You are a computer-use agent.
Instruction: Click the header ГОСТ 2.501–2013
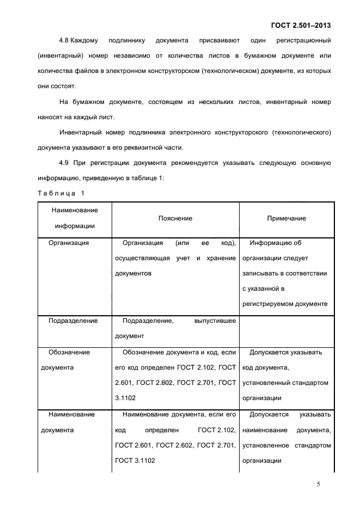coord(301,25)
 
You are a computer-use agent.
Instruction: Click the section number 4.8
coord(64,41)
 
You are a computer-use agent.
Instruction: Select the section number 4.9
coord(64,163)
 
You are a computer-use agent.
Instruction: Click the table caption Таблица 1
coord(61,193)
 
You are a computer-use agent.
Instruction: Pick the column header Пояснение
coord(175,218)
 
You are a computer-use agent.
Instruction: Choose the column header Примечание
coord(286,218)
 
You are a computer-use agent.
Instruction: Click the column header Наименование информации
coord(75,218)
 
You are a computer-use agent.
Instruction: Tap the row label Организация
coord(69,243)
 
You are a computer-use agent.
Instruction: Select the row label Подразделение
coord(73,321)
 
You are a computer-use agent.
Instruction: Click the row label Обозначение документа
coord(69,359)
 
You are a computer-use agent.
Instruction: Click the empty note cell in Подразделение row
coord(286,328)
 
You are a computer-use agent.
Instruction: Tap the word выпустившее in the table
coord(215,321)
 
